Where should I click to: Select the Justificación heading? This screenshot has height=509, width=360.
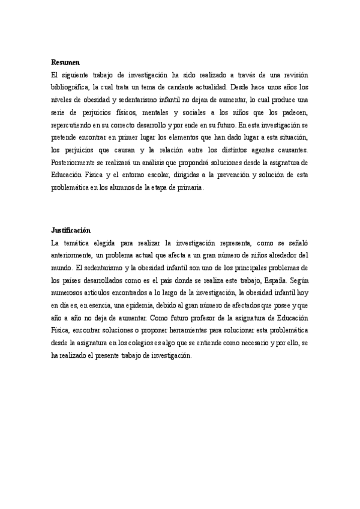tap(70, 230)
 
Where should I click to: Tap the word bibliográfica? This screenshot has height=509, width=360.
tap(71, 87)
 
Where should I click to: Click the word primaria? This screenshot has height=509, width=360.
tap(190, 188)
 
